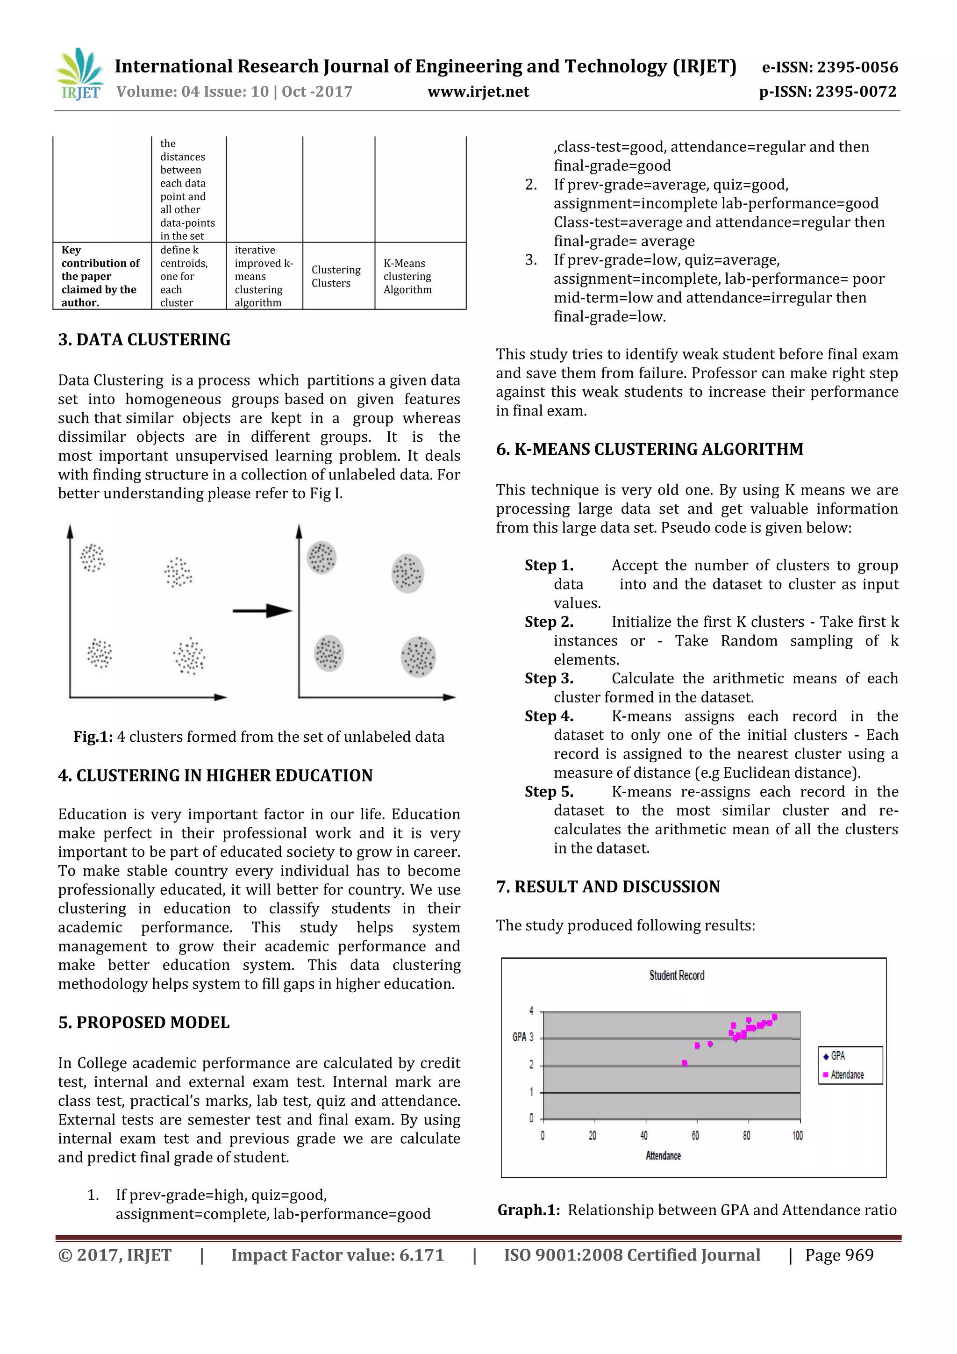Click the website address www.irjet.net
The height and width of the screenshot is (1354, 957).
pyautogui.click(x=478, y=92)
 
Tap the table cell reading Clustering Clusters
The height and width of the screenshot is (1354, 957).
pyautogui.click(x=336, y=276)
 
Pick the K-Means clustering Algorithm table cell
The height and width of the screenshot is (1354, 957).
pyautogui.click(x=407, y=276)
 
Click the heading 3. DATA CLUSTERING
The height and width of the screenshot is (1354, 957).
pyautogui.click(x=144, y=340)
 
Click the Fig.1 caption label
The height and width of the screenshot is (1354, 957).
pyautogui.click(x=93, y=737)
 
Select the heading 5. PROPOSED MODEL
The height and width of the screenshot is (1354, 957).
pyautogui.click(x=144, y=1022)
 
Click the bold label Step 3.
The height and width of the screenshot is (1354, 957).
pyautogui.click(x=549, y=678)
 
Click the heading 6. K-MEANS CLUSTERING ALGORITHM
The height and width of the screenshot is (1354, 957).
pyautogui.click(x=649, y=449)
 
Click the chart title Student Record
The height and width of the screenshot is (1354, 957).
pyautogui.click(x=676, y=975)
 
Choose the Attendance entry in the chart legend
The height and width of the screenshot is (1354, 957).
pyautogui.click(x=847, y=1075)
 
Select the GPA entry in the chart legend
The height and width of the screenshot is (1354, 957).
pyautogui.click(x=837, y=1056)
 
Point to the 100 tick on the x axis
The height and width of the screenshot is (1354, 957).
pyautogui.click(x=797, y=1135)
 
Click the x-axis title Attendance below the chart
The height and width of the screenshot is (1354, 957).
pyautogui.click(x=663, y=1155)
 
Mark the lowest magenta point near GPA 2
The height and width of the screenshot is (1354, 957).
pyautogui.click(x=684, y=1063)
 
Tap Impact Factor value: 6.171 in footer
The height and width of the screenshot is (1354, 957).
pyautogui.click(x=337, y=1255)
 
